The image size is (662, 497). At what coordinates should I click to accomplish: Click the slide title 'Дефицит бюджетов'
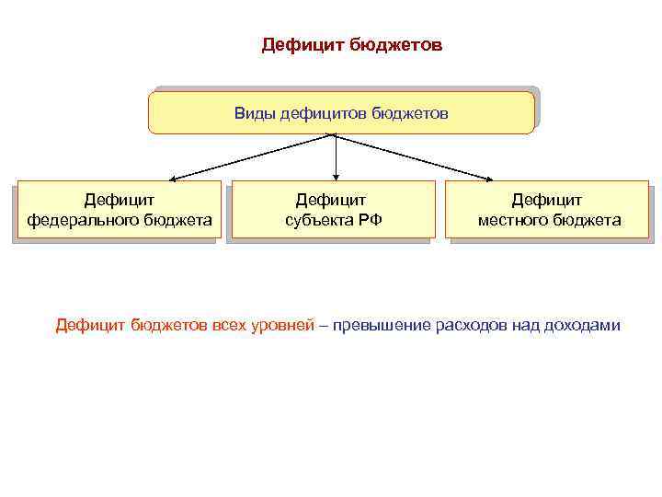click(352, 45)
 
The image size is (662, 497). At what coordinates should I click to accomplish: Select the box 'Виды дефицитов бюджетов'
click(341, 113)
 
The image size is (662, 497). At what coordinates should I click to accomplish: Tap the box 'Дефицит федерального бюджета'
click(120, 209)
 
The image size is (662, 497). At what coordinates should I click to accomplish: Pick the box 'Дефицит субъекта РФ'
click(333, 209)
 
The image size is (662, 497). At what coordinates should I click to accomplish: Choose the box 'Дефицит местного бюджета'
click(548, 209)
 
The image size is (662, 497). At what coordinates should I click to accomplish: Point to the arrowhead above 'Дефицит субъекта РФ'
click(337, 175)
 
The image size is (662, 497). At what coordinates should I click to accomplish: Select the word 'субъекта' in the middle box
click(318, 220)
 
